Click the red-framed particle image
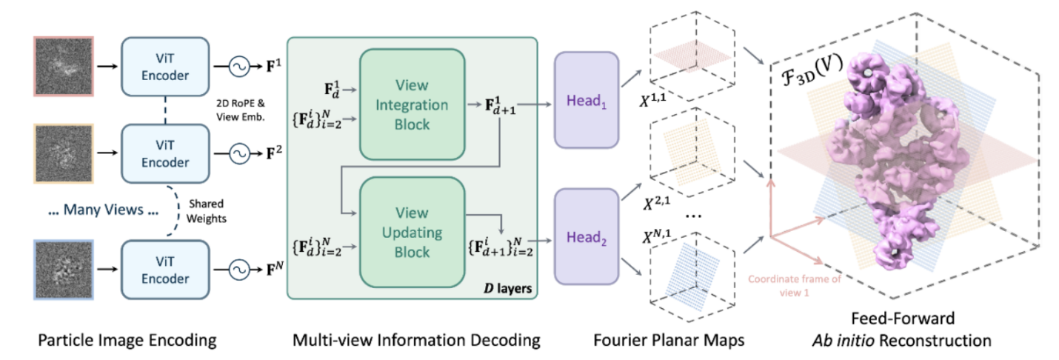point(63,65)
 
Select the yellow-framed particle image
point(63,154)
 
